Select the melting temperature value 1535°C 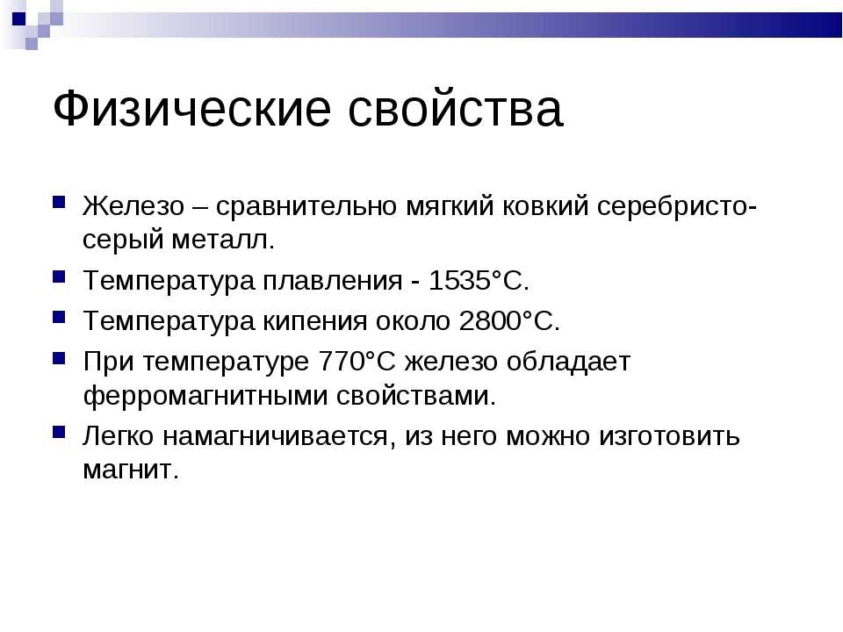point(479,280)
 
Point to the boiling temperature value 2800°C point(509,321)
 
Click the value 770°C point(357,361)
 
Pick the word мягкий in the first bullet point(450,206)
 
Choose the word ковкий point(545,205)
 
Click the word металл point(223,240)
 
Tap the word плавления point(332,281)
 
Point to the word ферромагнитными point(205,396)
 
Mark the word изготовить point(669,436)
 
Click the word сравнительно point(306,206)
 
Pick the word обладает point(568,362)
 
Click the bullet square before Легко point(59,432)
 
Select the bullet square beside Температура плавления point(59,276)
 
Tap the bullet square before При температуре point(59,358)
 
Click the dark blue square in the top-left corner point(18,18)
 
